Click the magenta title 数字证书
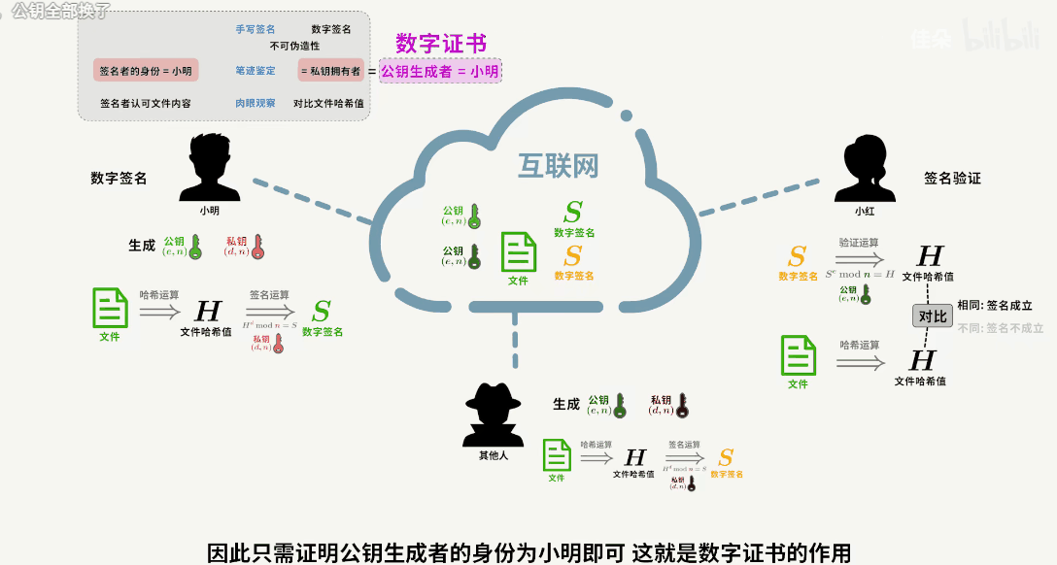441,44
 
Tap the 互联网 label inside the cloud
557,166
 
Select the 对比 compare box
932,316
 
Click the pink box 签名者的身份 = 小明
146,71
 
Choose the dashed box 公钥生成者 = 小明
440,71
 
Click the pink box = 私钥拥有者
330,71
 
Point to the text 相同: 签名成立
994,305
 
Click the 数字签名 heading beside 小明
119,179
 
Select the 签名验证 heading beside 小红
952,179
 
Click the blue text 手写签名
255,29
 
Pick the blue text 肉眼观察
255,103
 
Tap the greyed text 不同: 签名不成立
1000,328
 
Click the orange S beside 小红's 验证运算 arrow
797,257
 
